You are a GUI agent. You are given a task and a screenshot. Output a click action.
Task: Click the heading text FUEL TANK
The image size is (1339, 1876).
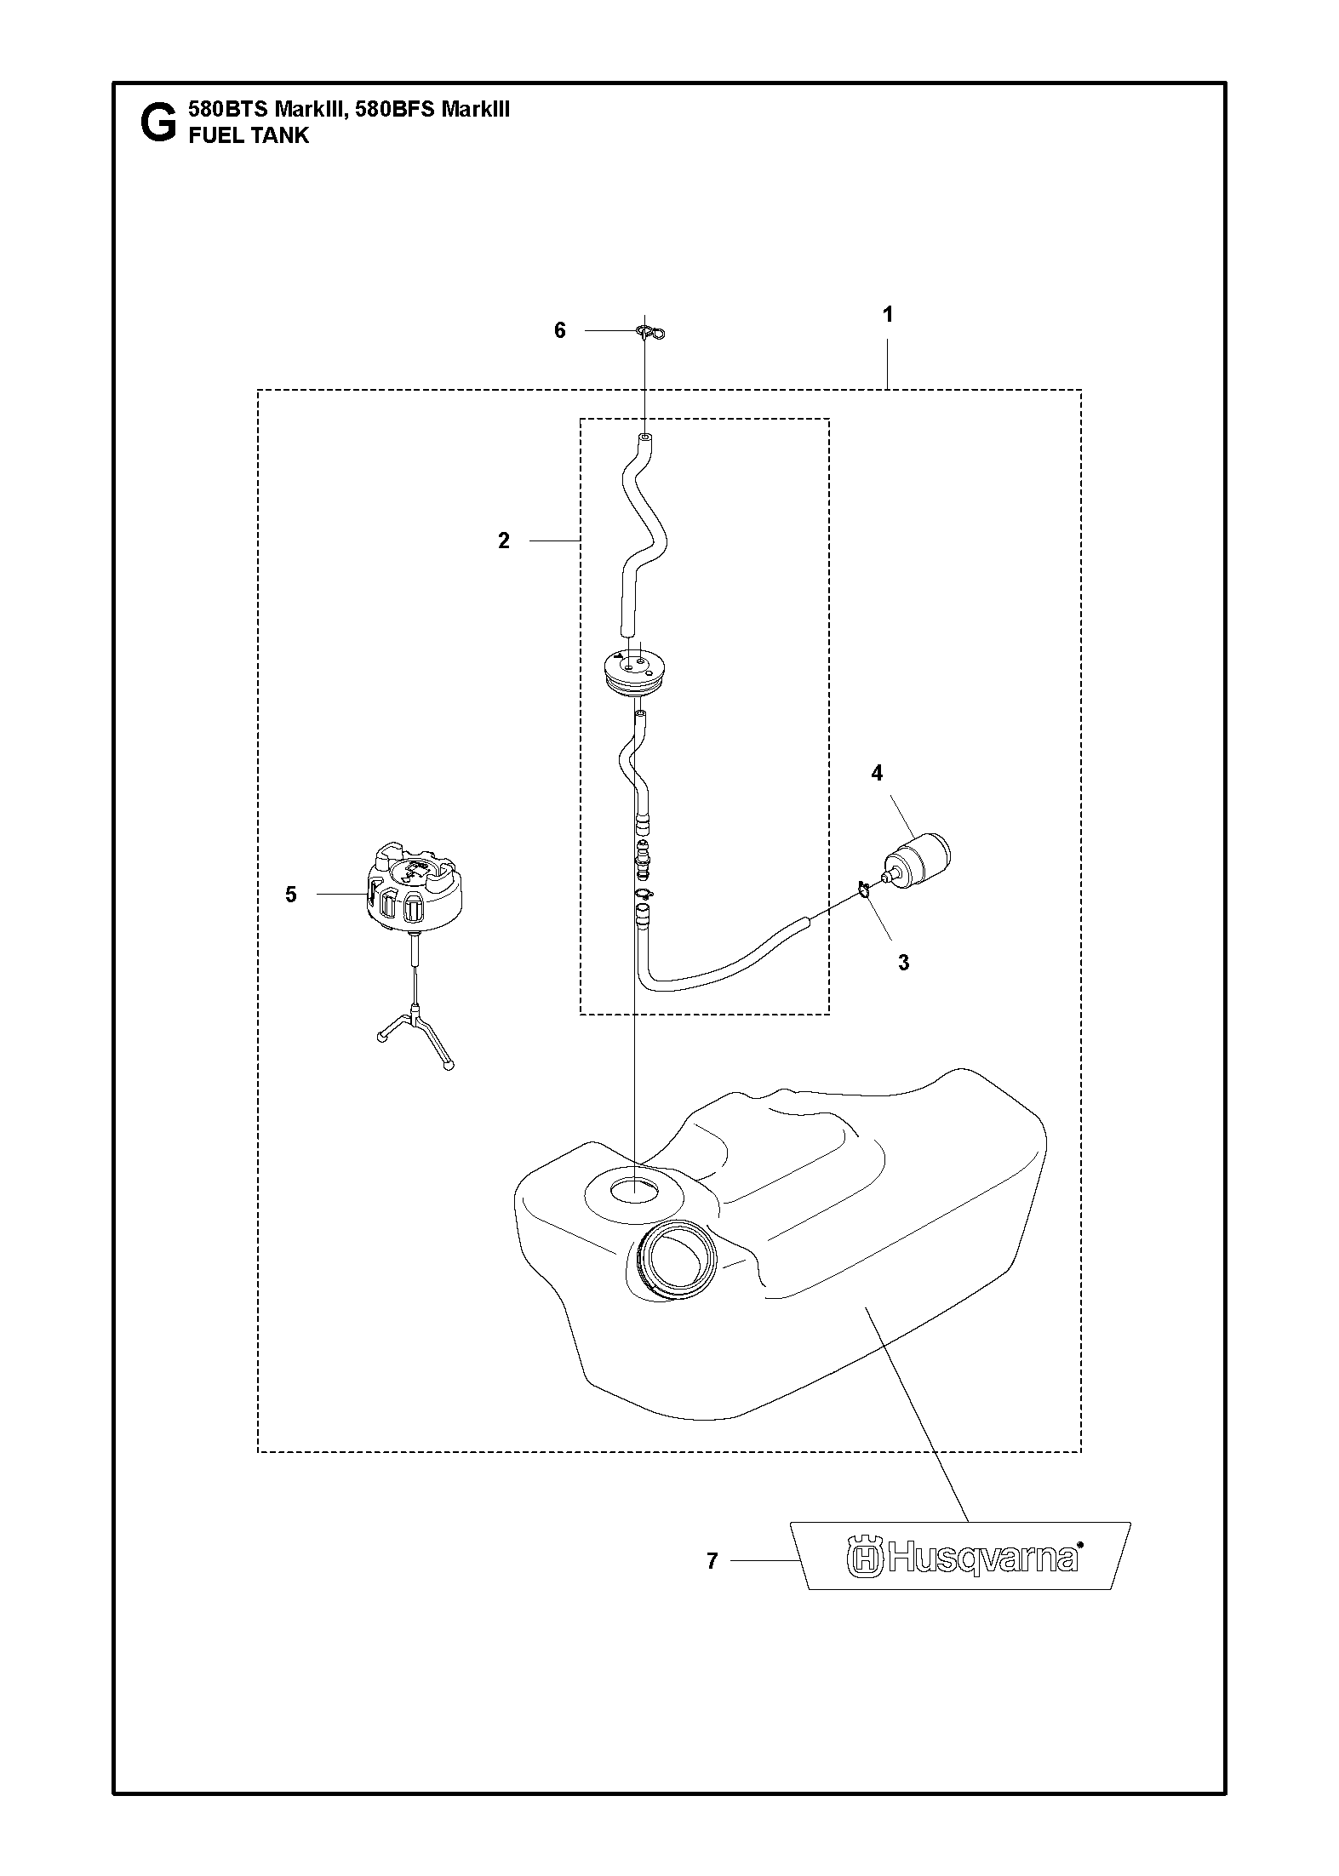[x=248, y=135]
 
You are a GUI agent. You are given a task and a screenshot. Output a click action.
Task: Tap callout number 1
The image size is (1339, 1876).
[x=888, y=315]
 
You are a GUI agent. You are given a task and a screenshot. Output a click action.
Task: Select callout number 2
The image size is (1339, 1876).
[x=504, y=540]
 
